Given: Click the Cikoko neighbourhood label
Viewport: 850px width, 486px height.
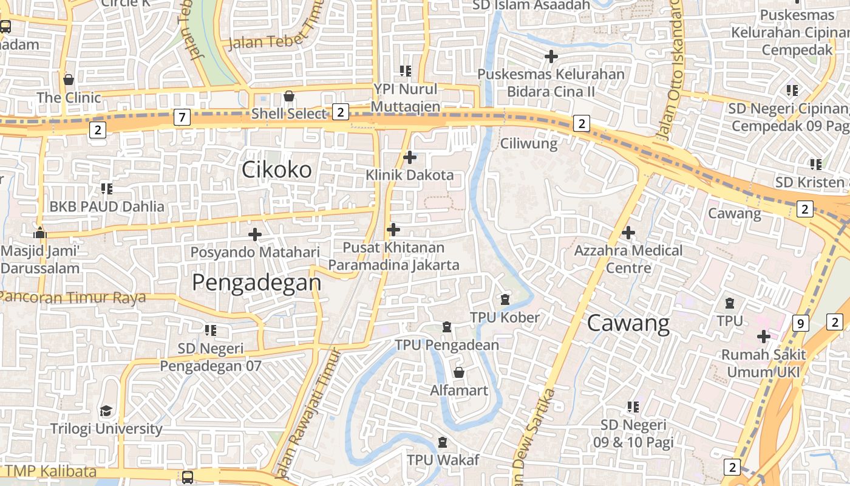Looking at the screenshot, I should coord(276,169).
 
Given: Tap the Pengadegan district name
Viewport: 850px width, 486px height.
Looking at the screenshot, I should coord(256,282).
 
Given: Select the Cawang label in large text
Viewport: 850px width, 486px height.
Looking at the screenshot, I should coord(628,323).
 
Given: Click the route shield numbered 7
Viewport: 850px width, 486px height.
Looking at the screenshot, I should coord(182,117).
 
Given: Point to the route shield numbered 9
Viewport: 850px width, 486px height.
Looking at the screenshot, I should coord(800,323).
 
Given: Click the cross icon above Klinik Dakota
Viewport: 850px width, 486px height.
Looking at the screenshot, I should coord(410,157).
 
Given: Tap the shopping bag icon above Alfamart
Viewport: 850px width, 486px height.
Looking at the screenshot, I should coord(459,372).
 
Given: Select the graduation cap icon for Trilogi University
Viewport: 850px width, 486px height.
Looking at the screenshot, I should coord(106,411).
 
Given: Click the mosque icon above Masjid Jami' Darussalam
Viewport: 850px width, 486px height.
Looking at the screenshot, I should coord(40,232).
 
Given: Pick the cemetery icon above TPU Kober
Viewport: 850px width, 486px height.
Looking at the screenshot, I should coord(505,299).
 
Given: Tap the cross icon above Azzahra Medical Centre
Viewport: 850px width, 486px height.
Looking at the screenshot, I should coord(628,232).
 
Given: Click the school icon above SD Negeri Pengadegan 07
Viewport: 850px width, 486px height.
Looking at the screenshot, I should coord(211,330).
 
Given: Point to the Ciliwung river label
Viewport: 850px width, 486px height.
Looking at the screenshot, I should coord(528,143).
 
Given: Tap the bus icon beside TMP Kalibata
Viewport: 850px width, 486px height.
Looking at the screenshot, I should coord(188,477).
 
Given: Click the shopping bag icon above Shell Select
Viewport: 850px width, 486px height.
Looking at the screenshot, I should coord(289,96).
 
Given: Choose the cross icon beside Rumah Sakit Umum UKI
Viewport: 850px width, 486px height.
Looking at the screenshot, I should coord(763,336).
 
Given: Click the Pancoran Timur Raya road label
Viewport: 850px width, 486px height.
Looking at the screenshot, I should coord(73,298).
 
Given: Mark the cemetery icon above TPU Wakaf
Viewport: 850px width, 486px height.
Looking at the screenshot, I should coord(443,442).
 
